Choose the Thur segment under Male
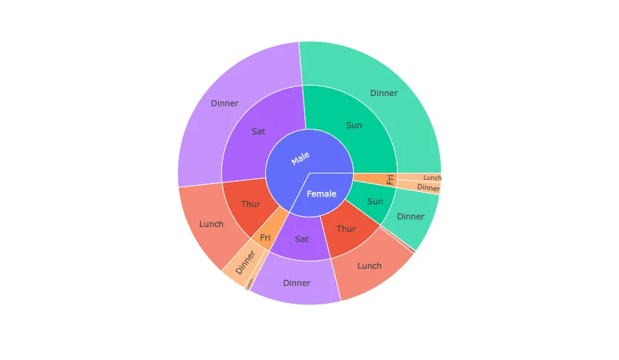[x=251, y=204]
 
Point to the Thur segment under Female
[x=346, y=229]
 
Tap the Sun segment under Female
[x=374, y=201]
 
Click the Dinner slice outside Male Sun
[x=384, y=93]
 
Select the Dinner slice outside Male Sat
[x=225, y=104]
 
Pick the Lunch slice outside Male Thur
[x=211, y=224]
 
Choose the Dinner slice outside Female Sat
[x=297, y=283]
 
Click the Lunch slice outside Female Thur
[x=369, y=265]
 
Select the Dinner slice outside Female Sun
[x=411, y=217]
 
